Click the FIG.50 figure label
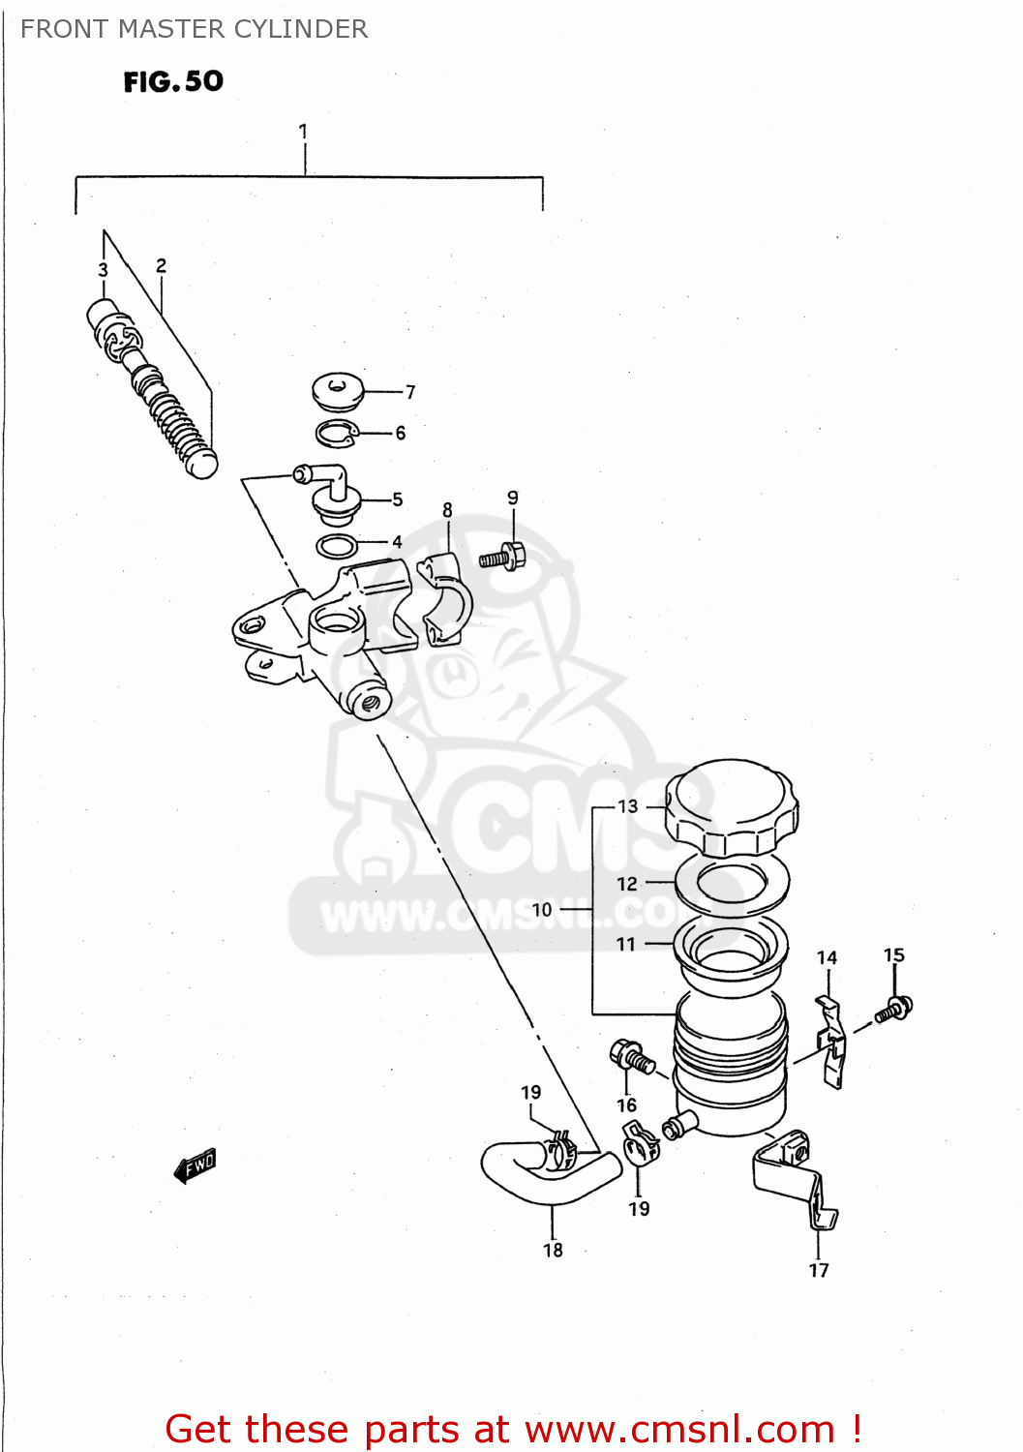[173, 81]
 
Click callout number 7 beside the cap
[410, 392]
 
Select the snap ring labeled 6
[337, 435]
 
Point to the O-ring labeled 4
[337, 547]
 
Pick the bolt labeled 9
[502, 558]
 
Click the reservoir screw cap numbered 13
[732, 808]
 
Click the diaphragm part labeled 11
[731, 949]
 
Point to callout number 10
[542, 910]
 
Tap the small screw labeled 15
[894, 1010]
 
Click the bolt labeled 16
[630, 1056]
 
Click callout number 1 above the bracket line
[304, 131]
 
